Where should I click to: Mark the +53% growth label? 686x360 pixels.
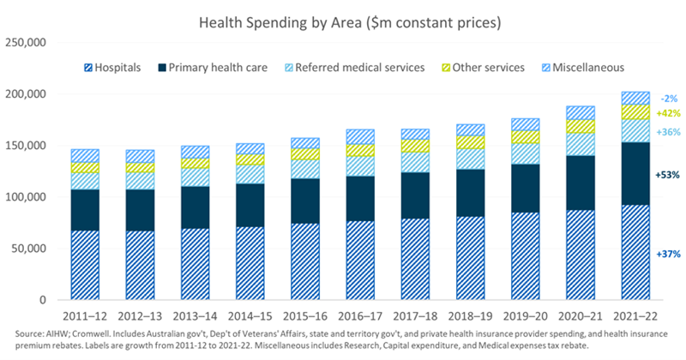pos(666,175)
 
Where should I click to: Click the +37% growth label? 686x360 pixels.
pos(666,255)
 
